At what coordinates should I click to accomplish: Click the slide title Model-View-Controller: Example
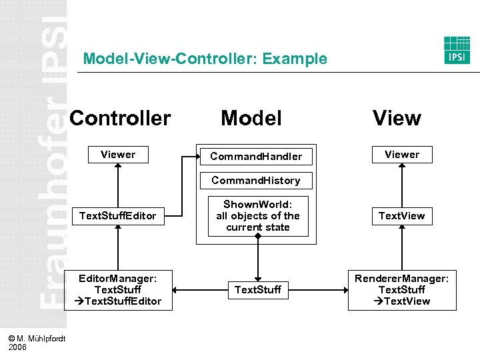pyautogui.click(x=205, y=59)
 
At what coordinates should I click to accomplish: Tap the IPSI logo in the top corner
pyautogui.click(x=457, y=50)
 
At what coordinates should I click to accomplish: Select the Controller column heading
pyautogui.click(x=120, y=118)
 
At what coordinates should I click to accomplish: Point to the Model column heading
pyautogui.click(x=251, y=118)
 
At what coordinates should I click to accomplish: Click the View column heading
pyautogui.click(x=397, y=118)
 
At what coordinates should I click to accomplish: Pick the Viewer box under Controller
pyautogui.click(x=118, y=155)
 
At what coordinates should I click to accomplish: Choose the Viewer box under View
pyautogui.click(x=402, y=155)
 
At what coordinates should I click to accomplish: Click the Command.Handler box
pyautogui.click(x=256, y=157)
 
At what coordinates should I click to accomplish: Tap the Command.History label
pyautogui.click(x=256, y=180)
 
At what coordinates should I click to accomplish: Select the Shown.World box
pyautogui.click(x=257, y=216)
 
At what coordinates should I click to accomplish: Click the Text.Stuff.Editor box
pyautogui.click(x=118, y=216)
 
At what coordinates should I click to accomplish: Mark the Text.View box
pyautogui.click(x=402, y=216)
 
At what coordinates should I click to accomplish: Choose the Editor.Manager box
pyautogui.click(x=118, y=289)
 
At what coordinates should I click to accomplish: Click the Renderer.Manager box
pyautogui.click(x=402, y=289)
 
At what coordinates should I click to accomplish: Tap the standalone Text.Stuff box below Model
pyautogui.click(x=257, y=289)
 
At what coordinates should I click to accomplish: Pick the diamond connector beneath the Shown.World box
pyautogui.click(x=257, y=236)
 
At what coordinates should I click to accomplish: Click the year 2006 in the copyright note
pyautogui.click(x=18, y=347)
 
